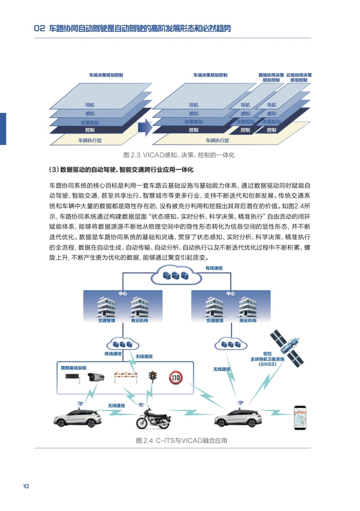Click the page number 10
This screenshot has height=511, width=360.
pyautogui.click(x=25, y=486)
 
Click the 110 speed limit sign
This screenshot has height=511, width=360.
pyautogui.click(x=175, y=378)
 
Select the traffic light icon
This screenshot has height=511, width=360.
pyautogui.click(x=152, y=377)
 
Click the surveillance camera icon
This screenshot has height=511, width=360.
pyautogui.click(x=96, y=378)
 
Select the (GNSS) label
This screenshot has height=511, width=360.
pyautogui.click(x=267, y=364)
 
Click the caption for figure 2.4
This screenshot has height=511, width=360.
pyautogui.click(x=181, y=441)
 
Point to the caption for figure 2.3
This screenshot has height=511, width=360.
pyautogui.click(x=179, y=154)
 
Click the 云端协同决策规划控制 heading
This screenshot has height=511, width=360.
pyautogui.click(x=299, y=78)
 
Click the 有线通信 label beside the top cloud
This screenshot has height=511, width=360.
pyautogui.click(x=214, y=268)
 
